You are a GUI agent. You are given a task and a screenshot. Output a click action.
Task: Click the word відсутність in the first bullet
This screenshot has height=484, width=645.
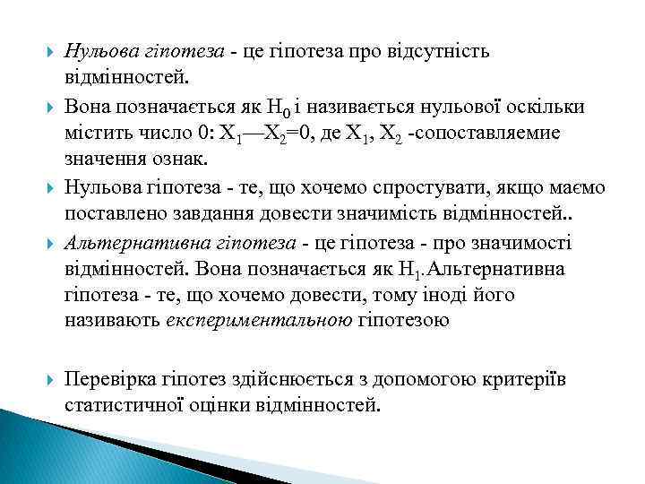[443, 50]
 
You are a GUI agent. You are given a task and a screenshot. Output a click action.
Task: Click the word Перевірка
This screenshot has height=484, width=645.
[107, 379]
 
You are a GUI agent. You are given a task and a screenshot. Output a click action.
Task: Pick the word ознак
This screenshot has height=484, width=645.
[179, 161]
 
